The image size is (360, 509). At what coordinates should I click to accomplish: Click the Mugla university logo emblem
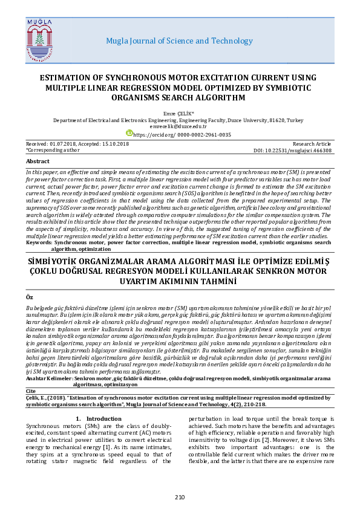(x=41, y=40)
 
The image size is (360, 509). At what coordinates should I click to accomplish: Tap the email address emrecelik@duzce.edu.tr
(x=178, y=126)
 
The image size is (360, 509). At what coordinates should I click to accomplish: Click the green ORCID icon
(x=129, y=133)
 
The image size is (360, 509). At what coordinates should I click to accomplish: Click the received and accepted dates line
(x=77, y=143)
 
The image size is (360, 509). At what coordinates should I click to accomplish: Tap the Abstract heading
(x=38, y=161)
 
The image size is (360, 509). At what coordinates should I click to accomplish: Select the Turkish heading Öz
(x=30, y=298)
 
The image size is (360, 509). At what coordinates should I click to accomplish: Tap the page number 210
(x=180, y=497)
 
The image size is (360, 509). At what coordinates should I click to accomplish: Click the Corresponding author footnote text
(x=53, y=149)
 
